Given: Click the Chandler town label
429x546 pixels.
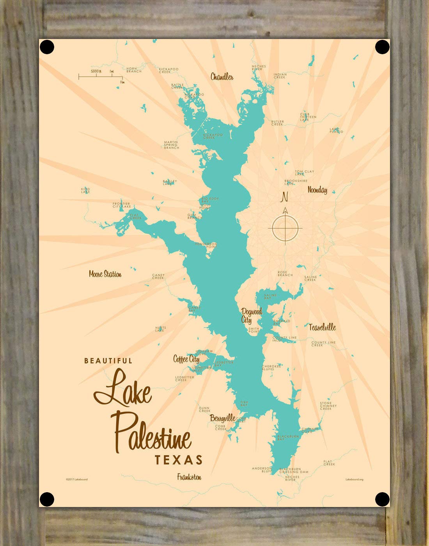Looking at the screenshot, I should tap(222, 77).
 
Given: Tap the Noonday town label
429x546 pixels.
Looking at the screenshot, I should tap(317, 190).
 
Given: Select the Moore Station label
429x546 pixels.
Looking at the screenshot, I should tap(105, 274).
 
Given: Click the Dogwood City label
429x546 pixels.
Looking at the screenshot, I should tap(251, 316).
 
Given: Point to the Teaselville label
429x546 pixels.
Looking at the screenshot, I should tap(322, 327).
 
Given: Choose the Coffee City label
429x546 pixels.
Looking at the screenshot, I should tap(186, 359).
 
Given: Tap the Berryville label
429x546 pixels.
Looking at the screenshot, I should tap(222, 418).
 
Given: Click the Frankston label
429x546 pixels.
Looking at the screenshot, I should tap(189, 477).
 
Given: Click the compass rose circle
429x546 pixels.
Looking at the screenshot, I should tap(285, 227).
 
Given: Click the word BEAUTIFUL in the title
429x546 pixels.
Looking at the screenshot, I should tap(108, 361).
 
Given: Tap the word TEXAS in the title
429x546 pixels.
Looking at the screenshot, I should tap(179, 460).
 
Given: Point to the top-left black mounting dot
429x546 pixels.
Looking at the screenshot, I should tap(47, 47).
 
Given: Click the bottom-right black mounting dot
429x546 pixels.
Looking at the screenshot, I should tap(382, 499).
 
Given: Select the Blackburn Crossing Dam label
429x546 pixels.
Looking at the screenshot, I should tap(294, 470).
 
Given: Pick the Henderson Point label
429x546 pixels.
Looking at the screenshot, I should tap(206, 245).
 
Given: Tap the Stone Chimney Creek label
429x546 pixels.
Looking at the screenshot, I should tap(326, 406).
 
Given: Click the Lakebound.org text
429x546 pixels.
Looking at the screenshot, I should tap(354, 479).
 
